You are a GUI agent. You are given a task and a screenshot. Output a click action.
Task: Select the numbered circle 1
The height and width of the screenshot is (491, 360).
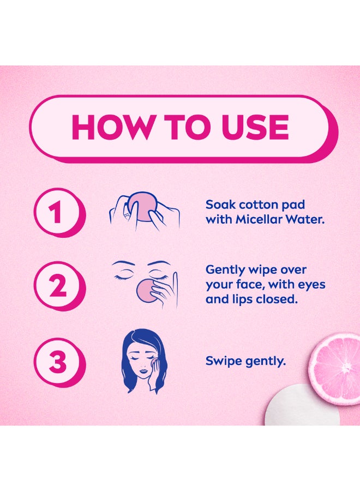(x=58, y=213)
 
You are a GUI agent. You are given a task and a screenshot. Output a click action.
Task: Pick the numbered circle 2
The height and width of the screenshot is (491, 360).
(x=58, y=286)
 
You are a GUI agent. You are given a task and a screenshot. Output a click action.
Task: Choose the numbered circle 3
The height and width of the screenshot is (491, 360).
(x=58, y=362)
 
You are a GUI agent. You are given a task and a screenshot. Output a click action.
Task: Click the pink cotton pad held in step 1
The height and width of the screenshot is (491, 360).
(x=141, y=207)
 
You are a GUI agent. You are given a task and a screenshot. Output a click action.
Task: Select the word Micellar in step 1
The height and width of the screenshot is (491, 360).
(x=258, y=219)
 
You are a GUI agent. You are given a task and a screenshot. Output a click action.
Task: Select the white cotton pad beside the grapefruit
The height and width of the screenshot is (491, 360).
(x=299, y=405)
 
